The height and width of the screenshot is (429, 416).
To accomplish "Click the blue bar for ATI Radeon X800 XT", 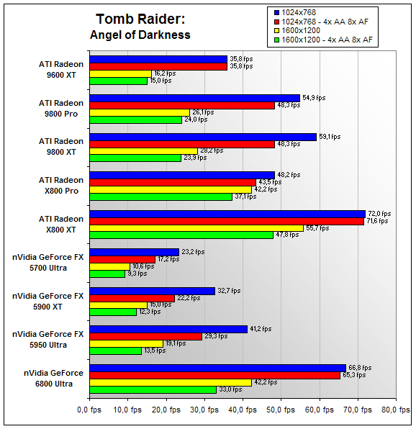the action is click(227, 214).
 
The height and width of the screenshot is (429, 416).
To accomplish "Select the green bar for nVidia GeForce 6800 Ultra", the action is click(153, 390).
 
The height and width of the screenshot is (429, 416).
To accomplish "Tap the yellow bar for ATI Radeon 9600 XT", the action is click(121, 74).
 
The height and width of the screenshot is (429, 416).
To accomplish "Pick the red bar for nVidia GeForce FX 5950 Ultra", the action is click(146, 337).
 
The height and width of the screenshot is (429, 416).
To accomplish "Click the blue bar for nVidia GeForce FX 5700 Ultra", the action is click(135, 252).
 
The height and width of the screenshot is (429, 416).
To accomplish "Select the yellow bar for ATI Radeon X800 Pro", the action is click(171, 189).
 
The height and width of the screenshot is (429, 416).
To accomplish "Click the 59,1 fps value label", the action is click(330, 137).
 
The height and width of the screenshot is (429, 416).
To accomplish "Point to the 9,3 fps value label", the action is click(137, 274).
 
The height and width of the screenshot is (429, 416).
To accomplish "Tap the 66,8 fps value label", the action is click(360, 368).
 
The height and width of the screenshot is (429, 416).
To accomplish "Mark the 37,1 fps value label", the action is click(245, 197).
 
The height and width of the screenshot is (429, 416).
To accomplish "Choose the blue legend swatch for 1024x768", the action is click(277, 12).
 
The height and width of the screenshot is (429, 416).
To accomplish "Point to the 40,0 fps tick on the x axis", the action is click(243, 410).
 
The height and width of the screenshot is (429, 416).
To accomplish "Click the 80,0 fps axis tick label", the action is click(396, 410).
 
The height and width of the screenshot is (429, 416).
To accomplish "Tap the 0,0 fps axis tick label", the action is click(89, 410).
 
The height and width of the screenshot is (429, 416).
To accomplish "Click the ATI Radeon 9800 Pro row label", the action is click(61, 109).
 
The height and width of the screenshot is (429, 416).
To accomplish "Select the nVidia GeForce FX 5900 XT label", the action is click(48, 301).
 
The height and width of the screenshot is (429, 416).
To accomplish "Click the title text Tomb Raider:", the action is click(140, 19).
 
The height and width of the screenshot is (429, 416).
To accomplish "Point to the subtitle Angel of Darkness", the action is click(140, 35).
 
